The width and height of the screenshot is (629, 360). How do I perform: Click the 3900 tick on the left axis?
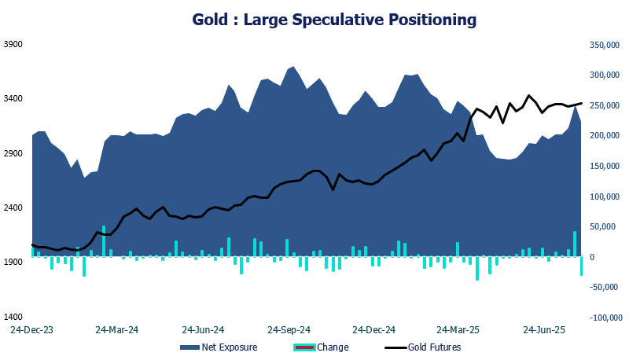pos(13,45)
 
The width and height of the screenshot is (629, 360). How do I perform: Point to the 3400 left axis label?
pos(13,99)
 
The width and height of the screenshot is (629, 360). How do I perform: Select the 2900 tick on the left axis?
pos(13,153)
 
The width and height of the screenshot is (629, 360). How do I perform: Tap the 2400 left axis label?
pos(13,208)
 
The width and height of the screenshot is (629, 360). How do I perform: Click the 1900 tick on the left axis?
pos(13,263)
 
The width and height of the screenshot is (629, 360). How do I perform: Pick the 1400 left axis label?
pos(13,317)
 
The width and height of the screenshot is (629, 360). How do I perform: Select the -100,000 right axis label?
pos(603,317)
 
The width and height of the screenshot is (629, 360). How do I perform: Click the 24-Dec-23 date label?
pos(31,330)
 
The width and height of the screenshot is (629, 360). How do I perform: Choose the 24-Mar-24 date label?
pos(117,330)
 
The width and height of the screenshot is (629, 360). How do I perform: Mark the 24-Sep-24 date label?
pos(289,330)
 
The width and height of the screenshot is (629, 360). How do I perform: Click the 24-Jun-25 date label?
pos(546,330)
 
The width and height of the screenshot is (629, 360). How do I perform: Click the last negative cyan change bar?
pos(582,266)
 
